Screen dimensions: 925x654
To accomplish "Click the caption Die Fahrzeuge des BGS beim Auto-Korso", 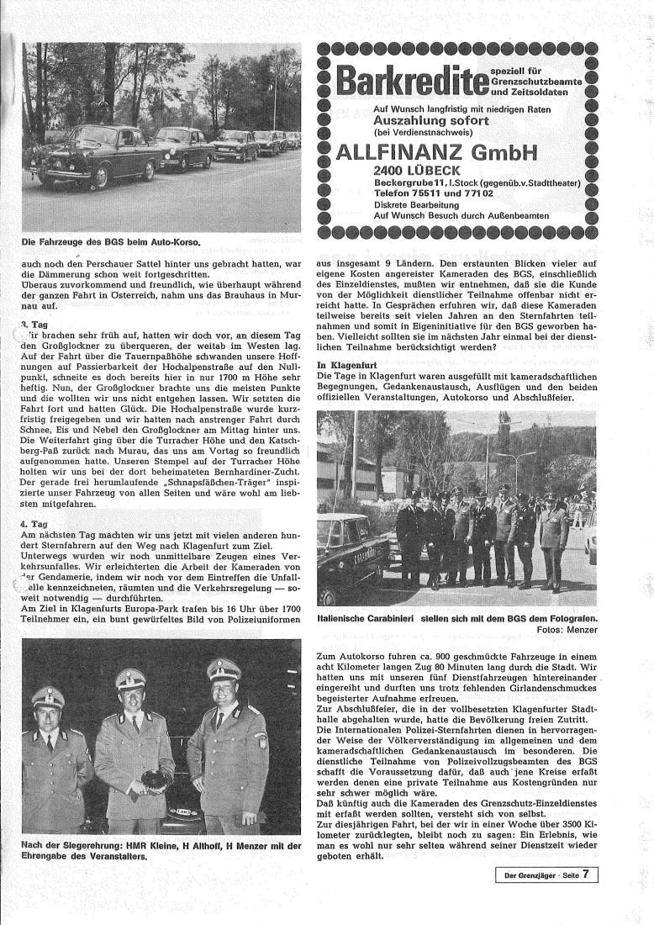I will [112, 242].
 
